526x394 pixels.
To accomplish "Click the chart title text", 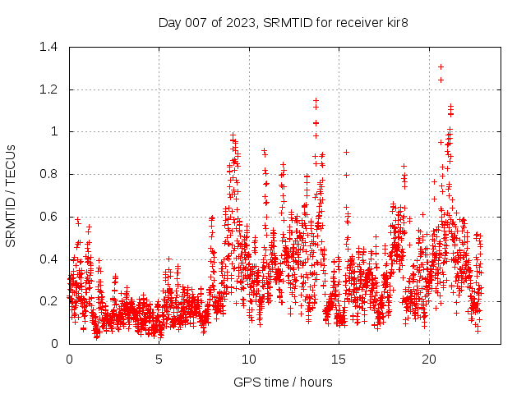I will tap(283, 22).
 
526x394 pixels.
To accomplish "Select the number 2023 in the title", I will tap(239, 22).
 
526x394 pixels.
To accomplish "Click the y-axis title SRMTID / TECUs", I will tap(12, 195).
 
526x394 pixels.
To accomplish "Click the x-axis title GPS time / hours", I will tap(283, 382).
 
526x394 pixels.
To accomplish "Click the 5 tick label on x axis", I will tap(159, 360).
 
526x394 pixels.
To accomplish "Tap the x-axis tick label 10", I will tap(249, 360).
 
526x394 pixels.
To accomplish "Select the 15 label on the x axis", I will tap(339, 360).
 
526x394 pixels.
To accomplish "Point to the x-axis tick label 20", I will tap(429, 360).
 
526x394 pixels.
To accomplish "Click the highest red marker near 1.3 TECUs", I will tap(441, 66).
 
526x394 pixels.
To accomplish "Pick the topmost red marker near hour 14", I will tap(316, 100).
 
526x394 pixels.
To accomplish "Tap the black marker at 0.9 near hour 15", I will tap(346, 152).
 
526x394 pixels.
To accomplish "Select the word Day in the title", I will tap(169, 22).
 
